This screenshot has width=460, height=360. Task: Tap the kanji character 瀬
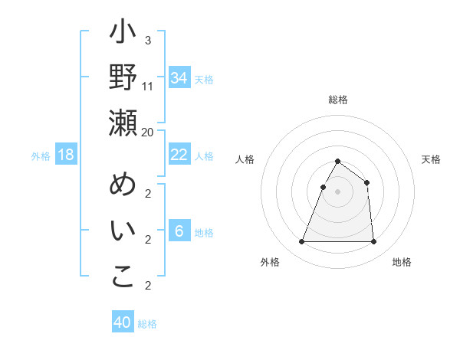tap(123, 122)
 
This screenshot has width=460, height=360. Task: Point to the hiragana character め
tap(123, 185)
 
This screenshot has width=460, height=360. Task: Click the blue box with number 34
tap(179, 77)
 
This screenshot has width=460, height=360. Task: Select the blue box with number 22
tap(179, 155)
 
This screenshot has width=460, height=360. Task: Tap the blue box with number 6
tap(179, 231)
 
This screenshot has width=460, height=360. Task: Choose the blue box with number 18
tap(66, 155)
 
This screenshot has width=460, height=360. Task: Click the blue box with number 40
tap(123, 322)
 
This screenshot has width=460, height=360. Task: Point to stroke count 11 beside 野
tap(148, 87)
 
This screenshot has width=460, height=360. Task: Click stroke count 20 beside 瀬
tap(148, 132)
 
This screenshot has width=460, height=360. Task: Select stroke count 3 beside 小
tap(148, 40)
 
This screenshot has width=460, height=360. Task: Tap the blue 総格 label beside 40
tap(148, 324)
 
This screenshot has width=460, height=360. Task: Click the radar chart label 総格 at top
tap(337, 100)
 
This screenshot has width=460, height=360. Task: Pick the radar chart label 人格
tap(245, 159)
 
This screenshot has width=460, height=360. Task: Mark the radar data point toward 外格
tap(301, 242)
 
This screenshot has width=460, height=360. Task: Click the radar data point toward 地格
tap(373, 242)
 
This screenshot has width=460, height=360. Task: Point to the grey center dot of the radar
tap(337, 191)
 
